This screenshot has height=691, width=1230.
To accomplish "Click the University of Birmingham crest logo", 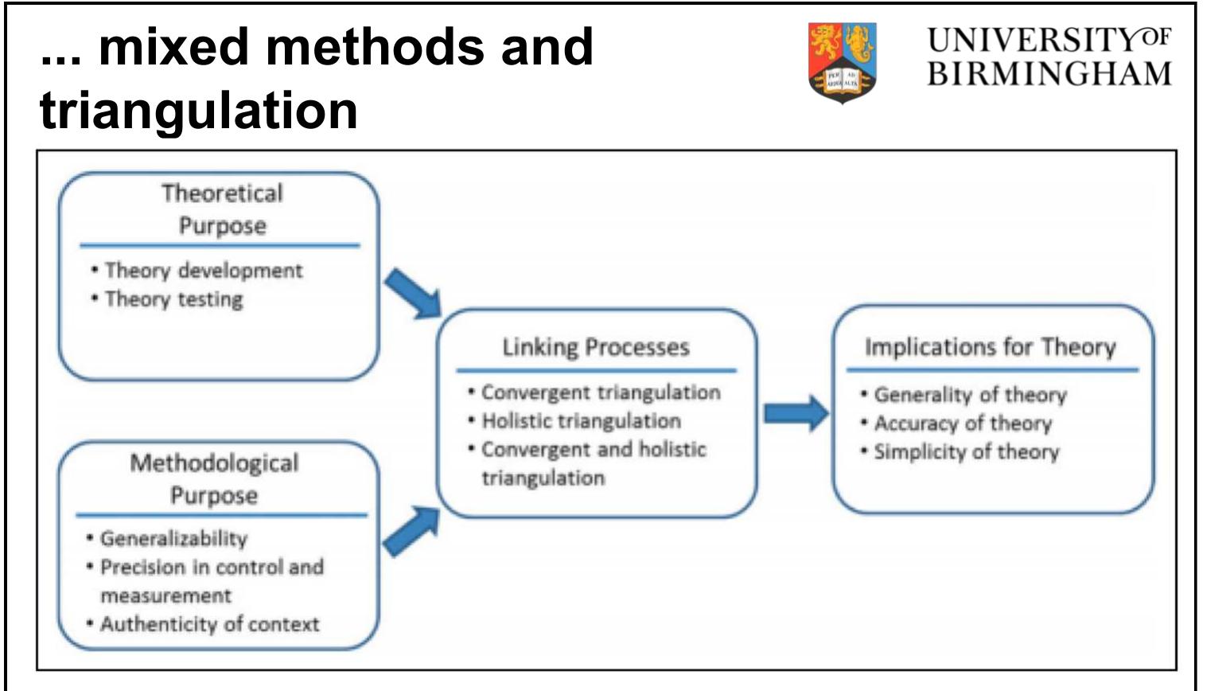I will coord(843,62).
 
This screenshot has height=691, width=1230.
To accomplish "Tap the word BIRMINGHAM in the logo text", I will coord(1049,74).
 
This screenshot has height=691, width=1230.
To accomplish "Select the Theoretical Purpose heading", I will coord(222,209).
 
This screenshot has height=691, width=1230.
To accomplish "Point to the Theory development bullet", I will coord(203,271).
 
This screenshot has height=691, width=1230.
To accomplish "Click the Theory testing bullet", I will coord(173,299).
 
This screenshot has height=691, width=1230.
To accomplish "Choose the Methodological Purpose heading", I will coord(214,478).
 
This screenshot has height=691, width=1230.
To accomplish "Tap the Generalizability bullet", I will coord(173,539).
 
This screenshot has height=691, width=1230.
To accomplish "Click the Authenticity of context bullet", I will coord(208,624).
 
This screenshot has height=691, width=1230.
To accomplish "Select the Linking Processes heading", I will coord(596,347).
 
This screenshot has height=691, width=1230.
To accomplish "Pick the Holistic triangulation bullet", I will coord(581,421).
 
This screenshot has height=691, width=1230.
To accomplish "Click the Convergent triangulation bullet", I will coord(600,392).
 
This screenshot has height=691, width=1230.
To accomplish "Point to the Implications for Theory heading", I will coord(990,347).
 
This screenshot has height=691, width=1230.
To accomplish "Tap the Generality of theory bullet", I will coord(969,395).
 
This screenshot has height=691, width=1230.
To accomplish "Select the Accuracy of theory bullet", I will coord(962,424).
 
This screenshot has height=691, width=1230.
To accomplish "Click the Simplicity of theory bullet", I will coord(966,452).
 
